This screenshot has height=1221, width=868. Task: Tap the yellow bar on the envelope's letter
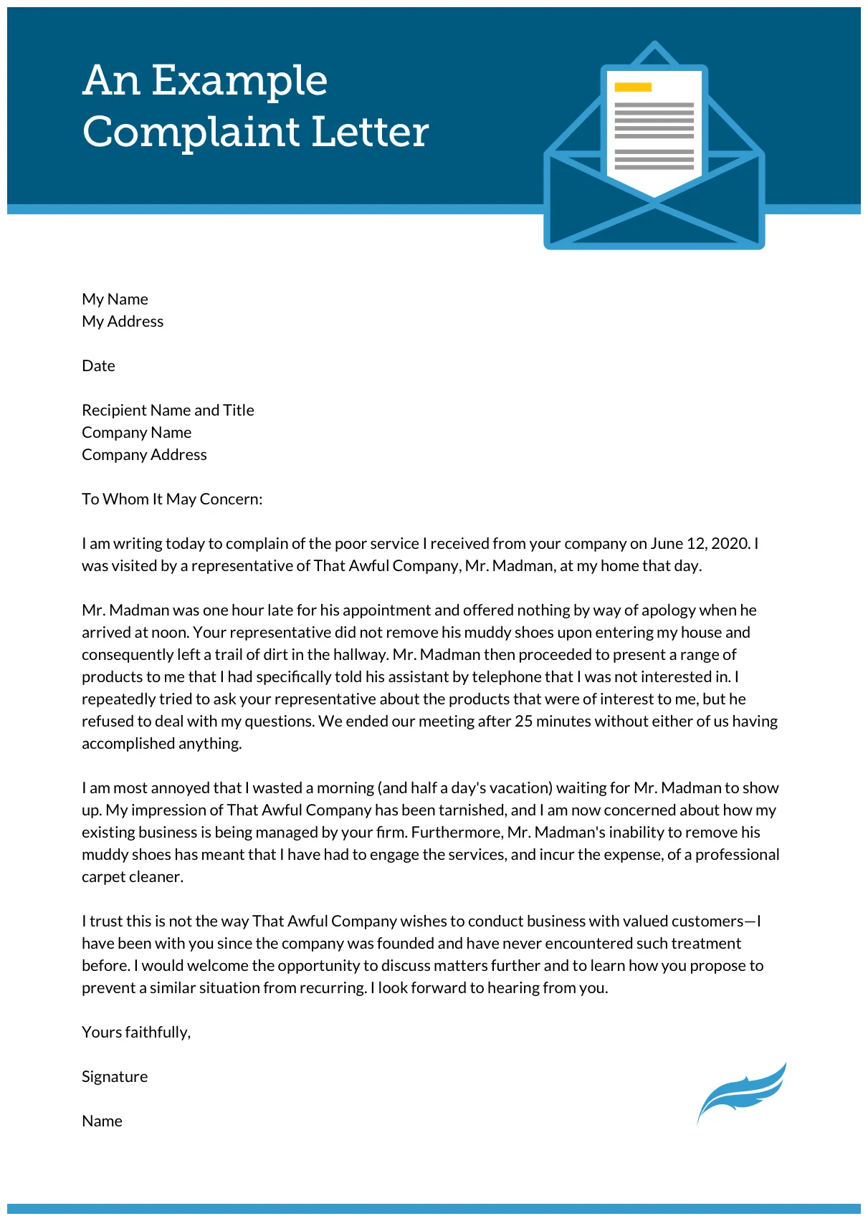point(633,87)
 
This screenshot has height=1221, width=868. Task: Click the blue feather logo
point(742,1093)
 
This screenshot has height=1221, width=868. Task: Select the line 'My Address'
point(123,322)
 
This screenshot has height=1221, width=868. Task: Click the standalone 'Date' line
point(98,366)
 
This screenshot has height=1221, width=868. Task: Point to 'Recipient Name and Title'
point(168,411)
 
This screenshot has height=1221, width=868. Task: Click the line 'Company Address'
point(144,455)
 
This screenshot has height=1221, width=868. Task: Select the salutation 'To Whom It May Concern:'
point(172,499)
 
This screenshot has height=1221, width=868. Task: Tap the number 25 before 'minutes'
point(523,722)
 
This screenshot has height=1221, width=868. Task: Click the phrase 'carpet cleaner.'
point(133,877)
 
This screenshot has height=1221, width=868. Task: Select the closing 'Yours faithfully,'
point(136,1033)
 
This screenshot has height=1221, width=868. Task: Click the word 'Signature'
point(115,1077)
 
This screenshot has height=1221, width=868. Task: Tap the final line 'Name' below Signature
point(102,1121)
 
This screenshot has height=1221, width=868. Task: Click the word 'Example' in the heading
point(239,80)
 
